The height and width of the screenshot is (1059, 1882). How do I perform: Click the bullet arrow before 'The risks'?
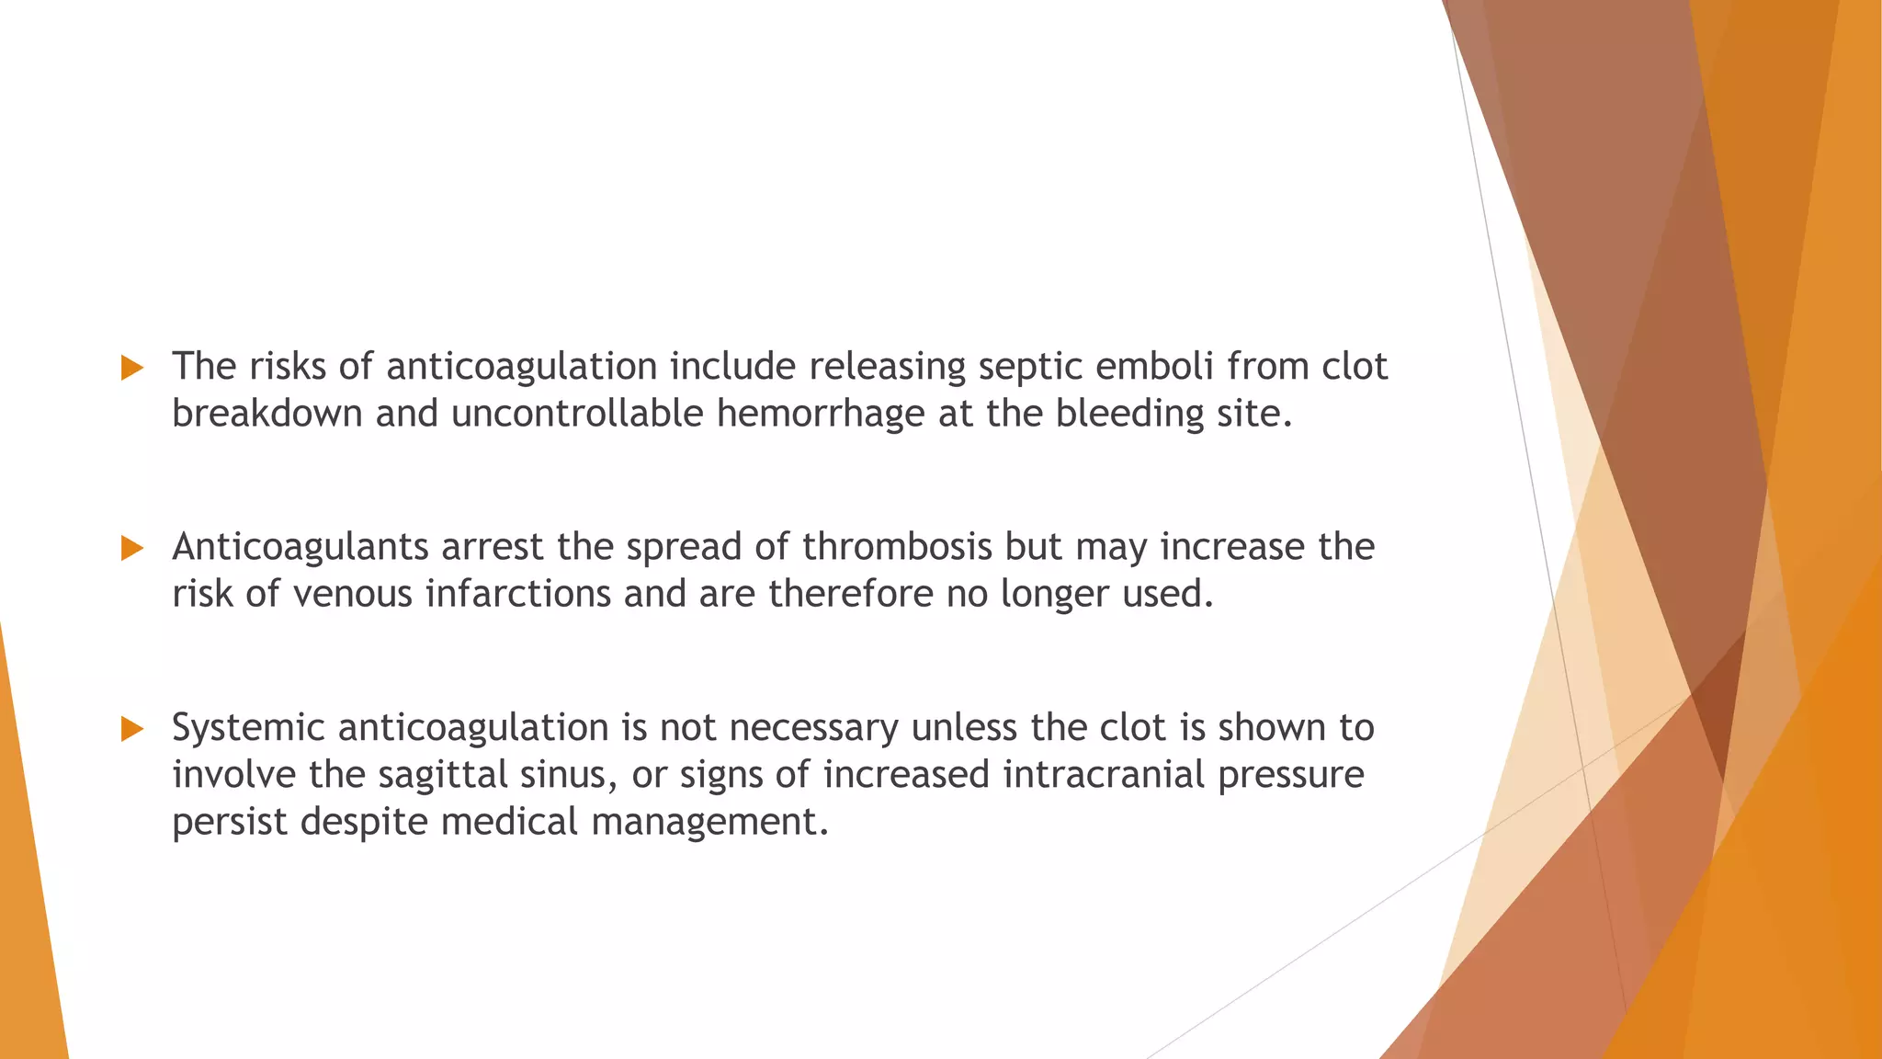point(132,369)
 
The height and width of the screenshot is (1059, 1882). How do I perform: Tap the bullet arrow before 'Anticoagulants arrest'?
point(132,549)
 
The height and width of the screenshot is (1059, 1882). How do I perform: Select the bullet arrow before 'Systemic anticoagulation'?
point(132,730)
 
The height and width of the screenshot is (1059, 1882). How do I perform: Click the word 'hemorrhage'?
point(821,414)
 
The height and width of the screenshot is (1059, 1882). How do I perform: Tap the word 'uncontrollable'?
point(577,414)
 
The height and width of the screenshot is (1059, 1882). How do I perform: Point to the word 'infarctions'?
point(518,594)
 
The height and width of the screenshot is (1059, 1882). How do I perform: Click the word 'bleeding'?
point(1129,414)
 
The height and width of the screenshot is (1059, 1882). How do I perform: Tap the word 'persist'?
point(230,822)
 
